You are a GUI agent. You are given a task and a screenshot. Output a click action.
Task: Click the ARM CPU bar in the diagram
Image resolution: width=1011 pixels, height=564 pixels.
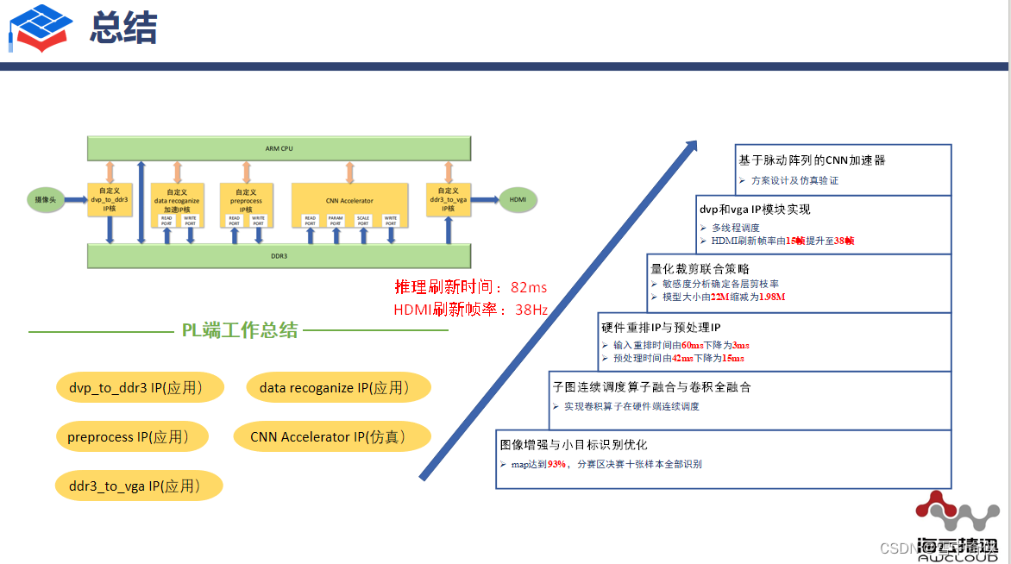click(x=279, y=148)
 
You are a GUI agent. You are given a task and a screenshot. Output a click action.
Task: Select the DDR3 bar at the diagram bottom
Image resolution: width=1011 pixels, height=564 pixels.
click(x=279, y=256)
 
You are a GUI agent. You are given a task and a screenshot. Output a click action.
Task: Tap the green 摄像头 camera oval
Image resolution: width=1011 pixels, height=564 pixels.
click(x=47, y=199)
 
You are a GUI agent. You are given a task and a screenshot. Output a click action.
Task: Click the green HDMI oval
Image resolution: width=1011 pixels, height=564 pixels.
click(x=518, y=199)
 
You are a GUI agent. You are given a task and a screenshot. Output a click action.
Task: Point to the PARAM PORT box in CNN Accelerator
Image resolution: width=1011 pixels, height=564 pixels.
click(x=336, y=221)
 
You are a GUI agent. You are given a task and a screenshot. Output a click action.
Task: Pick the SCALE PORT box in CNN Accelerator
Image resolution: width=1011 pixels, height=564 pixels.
click(x=363, y=221)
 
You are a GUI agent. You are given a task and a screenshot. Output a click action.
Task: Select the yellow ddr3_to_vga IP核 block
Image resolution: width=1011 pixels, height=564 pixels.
click(x=447, y=199)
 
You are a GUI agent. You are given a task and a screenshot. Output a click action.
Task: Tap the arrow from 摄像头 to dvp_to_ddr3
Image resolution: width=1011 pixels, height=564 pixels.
click(x=78, y=199)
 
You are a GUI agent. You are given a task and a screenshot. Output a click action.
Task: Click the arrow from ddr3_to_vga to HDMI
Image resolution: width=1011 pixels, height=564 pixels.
click(x=482, y=199)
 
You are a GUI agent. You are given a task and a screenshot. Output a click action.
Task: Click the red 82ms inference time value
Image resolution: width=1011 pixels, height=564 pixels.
click(x=529, y=287)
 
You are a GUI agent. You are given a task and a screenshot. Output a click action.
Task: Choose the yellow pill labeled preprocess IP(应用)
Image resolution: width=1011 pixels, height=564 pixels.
click(x=133, y=437)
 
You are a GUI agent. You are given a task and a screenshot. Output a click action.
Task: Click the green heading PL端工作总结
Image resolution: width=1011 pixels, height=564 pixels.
click(x=239, y=330)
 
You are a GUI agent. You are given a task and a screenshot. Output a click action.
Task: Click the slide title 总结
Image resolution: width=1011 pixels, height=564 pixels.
click(x=123, y=29)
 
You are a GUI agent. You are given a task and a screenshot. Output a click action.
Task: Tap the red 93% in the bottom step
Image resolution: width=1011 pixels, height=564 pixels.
click(x=556, y=464)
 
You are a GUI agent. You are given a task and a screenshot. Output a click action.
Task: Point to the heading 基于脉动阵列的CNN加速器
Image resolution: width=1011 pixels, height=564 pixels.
click(x=812, y=160)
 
